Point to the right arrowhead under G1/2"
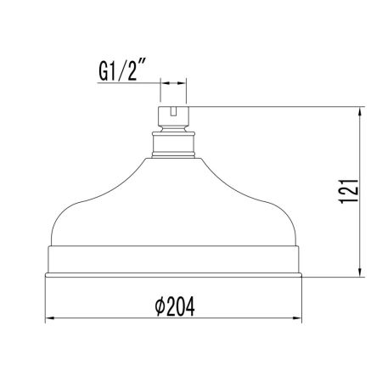[185, 83]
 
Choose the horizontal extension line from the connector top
[272, 106]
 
